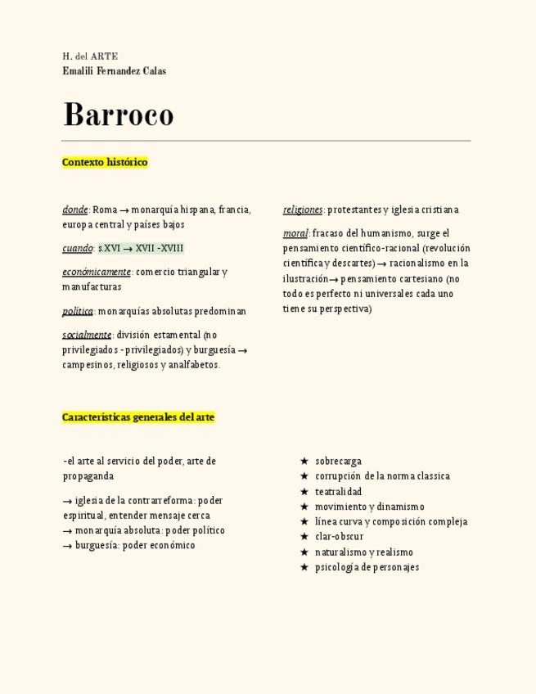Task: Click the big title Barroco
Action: point(118,115)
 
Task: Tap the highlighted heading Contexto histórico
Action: point(105,162)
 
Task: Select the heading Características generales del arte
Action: point(138,417)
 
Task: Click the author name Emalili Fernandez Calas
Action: point(114,71)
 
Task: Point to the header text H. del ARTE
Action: point(90,56)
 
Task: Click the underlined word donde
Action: point(74,210)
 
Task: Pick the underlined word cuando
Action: point(77,248)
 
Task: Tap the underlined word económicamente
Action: point(96,272)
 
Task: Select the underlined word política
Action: point(78,311)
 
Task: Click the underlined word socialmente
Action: point(87,335)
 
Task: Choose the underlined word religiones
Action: point(303,210)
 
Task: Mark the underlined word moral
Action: point(295,233)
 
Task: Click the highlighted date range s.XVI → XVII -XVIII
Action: point(141,248)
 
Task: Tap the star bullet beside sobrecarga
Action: point(304,462)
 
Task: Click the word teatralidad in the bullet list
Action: point(338,492)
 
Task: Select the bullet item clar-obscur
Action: point(339,537)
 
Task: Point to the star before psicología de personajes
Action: point(304,567)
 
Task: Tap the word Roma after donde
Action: point(105,210)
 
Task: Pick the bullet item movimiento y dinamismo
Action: point(369,507)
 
